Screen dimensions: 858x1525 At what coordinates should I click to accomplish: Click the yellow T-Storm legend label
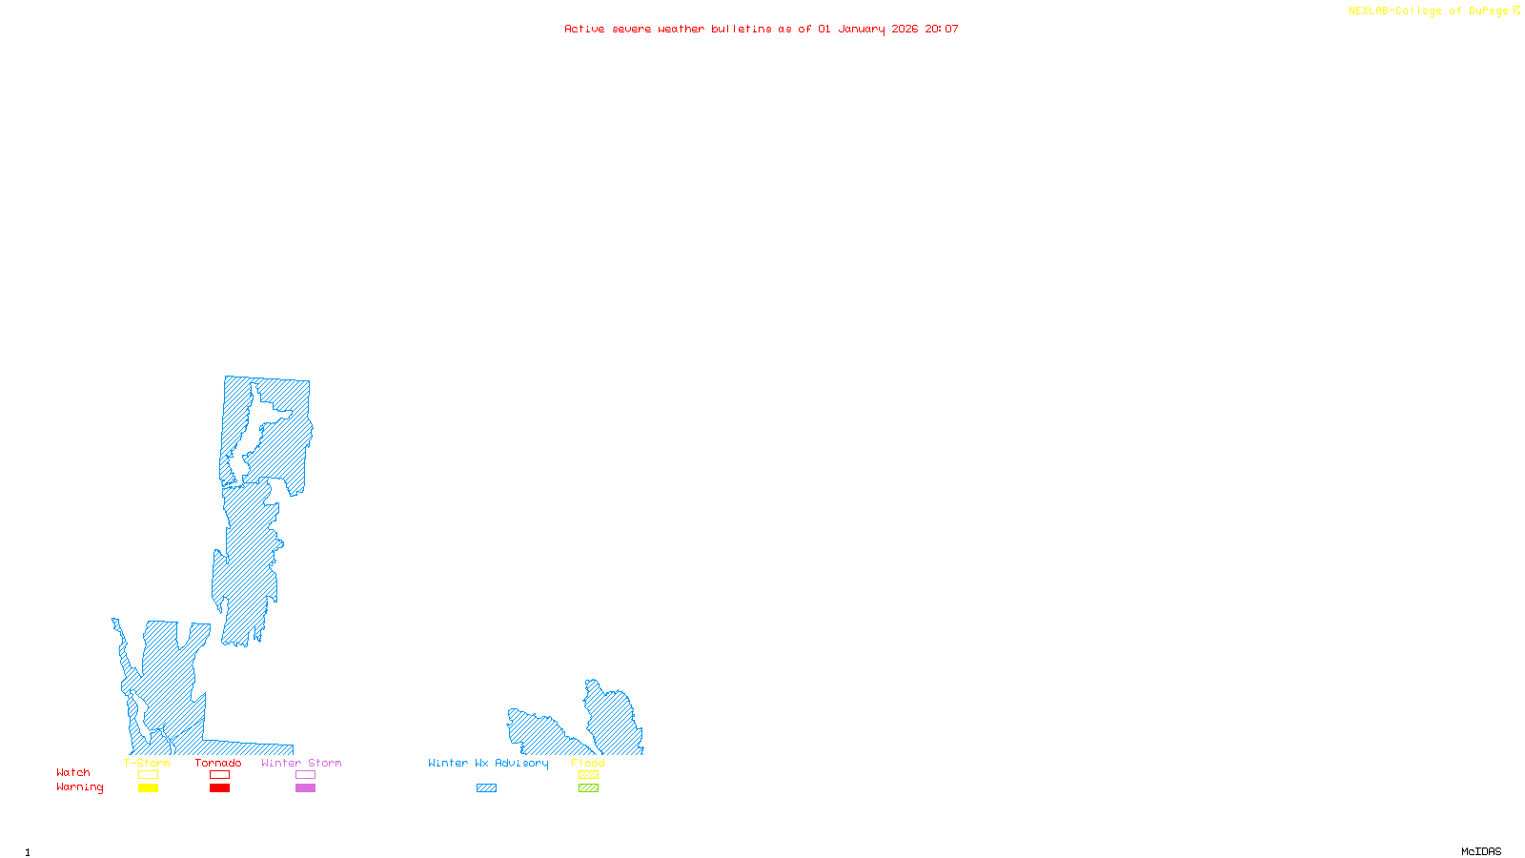click(147, 763)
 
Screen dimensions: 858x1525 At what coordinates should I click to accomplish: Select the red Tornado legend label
click(218, 763)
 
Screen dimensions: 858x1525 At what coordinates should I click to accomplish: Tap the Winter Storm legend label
click(301, 763)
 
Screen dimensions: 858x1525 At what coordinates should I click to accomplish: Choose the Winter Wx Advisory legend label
click(488, 763)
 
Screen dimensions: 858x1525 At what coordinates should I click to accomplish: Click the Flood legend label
click(588, 763)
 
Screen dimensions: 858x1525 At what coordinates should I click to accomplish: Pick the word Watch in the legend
click(73, 772)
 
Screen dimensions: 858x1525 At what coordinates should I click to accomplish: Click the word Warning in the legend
click(80, 787)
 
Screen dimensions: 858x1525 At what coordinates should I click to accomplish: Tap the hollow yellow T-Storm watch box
click(148, 775)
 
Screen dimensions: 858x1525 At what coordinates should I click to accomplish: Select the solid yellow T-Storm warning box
click(148, 788)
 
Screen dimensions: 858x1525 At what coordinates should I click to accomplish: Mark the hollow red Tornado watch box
click(219, 775)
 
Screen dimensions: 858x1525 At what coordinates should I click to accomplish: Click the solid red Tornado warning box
click(219, 788)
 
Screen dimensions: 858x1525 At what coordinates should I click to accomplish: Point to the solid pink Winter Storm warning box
click(305, 788)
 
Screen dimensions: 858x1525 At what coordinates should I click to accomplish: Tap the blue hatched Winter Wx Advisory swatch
click(486, 788)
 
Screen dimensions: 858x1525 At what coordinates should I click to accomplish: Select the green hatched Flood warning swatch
click(588, 788)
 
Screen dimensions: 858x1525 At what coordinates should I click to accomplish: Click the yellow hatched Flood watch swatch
click(588, 775)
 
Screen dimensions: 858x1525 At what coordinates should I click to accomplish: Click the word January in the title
click(862, 29)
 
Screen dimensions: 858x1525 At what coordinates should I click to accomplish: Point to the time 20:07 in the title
click(942, 29)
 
